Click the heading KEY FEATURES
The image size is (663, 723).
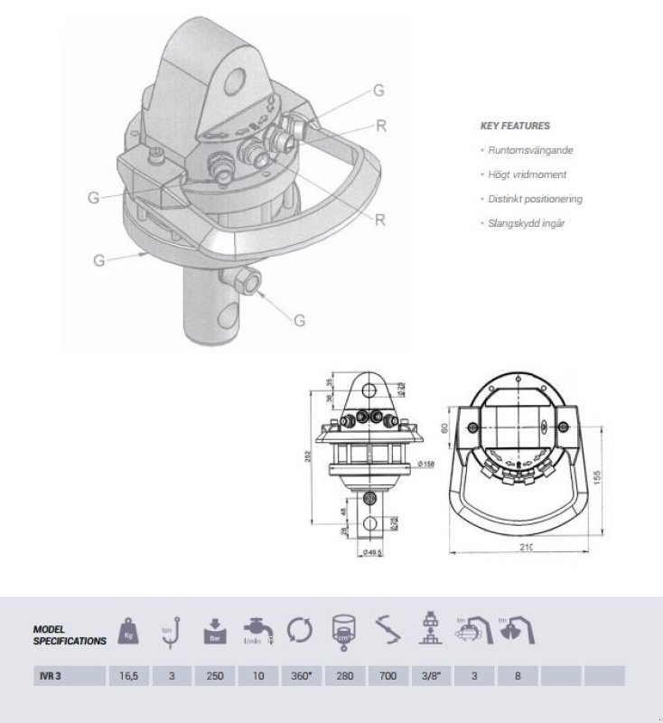point(515,127)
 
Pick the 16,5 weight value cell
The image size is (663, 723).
point(129,675)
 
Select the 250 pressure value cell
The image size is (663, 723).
point(215,675)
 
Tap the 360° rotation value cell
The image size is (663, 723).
point(301,675)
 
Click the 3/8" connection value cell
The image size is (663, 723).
point(429,675)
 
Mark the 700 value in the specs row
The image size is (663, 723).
point(386,675)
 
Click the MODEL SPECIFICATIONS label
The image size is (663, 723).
point(69,634)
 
